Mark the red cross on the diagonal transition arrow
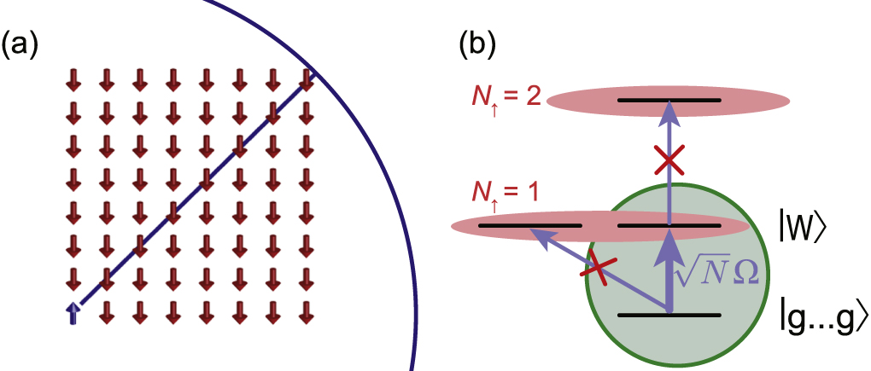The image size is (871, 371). pyautogui.click(x=597, y=270)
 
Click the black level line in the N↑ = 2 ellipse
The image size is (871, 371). pyautogui.click(x=669, y=100)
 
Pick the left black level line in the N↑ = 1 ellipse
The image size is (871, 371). pyautogui.click(x=529, y=226)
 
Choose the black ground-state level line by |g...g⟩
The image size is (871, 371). pyautogui.click(x=669, y=315)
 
